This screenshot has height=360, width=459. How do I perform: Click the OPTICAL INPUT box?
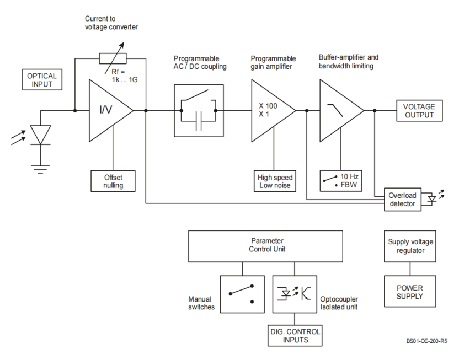click(42, 80)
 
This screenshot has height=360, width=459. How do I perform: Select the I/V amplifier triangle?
click(108, 110)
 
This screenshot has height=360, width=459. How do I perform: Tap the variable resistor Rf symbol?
click(113, 58)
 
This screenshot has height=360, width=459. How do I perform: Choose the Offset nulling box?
click(113, 181)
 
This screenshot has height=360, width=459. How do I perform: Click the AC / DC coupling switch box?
click(199, 110)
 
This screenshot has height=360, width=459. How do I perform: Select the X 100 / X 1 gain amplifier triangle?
click(270, 110)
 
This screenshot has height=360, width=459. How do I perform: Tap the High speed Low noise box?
click(275, 181)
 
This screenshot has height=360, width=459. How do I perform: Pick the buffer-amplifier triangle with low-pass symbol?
click(338, 110)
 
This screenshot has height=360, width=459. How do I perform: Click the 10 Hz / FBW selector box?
click(341, 180)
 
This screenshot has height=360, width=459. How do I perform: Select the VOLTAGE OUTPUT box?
click(419, 111)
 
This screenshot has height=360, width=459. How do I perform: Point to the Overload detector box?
click(402, 200)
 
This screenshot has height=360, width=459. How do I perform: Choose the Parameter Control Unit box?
click(268, 245)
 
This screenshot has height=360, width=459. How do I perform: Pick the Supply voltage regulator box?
click(410, 246)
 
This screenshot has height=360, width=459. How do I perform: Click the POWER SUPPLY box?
click(410, 292)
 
